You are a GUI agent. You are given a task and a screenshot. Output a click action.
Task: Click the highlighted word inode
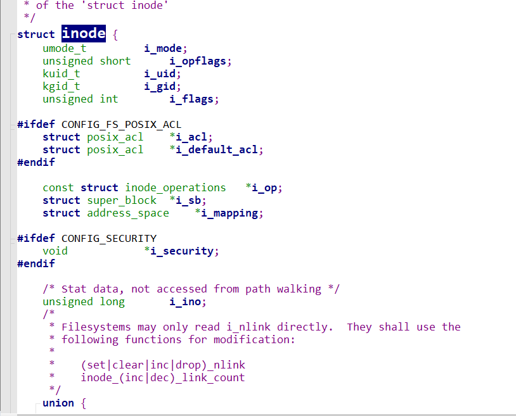[84, 34]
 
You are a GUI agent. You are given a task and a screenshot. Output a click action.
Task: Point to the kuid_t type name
[61, 73]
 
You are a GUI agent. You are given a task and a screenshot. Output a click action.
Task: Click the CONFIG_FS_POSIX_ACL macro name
[121, 124]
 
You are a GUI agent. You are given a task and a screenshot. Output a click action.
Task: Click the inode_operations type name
[176, 187]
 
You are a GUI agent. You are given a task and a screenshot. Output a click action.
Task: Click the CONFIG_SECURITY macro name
[109, 238]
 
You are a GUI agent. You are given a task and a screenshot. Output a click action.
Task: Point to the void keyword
[55, 251]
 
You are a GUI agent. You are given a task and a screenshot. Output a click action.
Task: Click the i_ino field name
[186, 301]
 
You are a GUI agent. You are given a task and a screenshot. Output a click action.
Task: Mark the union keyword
[58, 403]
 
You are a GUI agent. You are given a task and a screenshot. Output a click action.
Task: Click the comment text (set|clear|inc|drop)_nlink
[163, 365]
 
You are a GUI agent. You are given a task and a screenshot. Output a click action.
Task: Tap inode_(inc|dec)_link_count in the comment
[163, 377]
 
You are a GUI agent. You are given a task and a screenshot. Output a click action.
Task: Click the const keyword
[58, 187]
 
